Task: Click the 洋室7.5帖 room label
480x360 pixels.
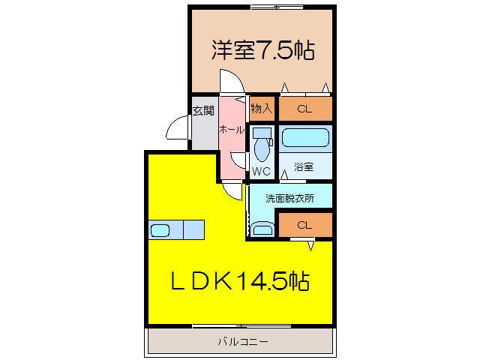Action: pos(262,50)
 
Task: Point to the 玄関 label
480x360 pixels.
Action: pos(202,111)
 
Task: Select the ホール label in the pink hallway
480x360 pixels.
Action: pos(231,130)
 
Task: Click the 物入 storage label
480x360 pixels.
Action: pos(261,109)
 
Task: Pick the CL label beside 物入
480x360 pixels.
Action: pos(304,109)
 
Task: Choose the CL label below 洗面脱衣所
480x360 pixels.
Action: pos(304,225)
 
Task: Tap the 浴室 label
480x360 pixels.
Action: pos(304,166)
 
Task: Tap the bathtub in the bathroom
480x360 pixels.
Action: pos(305,139)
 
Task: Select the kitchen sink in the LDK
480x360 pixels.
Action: pos(161,229)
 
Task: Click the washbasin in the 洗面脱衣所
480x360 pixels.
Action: pos(262,229)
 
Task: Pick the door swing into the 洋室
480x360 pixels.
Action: pos(230,82)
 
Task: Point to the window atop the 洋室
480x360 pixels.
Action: pos(277,7)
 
